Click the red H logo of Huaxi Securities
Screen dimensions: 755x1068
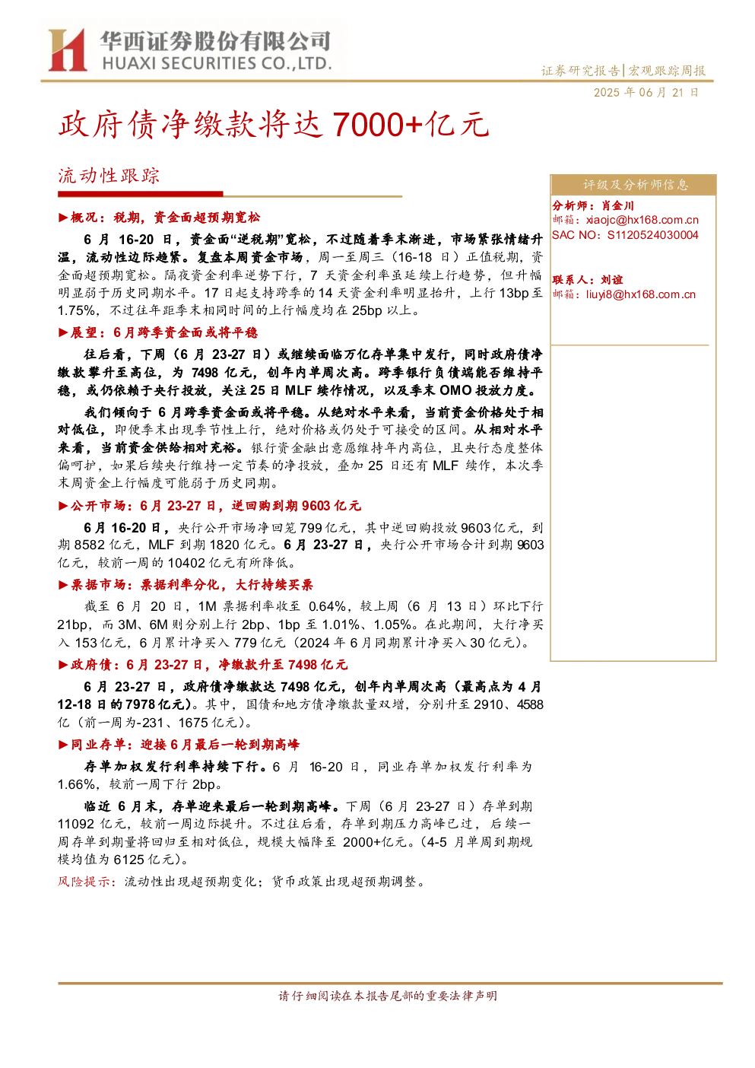(68, 49)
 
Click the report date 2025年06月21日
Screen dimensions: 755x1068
(646, 93)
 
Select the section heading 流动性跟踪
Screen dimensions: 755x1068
(109, 176)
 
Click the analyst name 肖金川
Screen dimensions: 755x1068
(617, 206)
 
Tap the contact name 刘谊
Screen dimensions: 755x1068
(612, 280)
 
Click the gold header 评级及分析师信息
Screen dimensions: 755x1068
(636, 185)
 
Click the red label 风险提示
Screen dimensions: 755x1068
(86, 882)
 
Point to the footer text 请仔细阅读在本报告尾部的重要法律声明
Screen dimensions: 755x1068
(388, 996)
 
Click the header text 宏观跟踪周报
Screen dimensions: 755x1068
(666, 71)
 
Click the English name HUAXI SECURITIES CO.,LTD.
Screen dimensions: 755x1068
(217, 63)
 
